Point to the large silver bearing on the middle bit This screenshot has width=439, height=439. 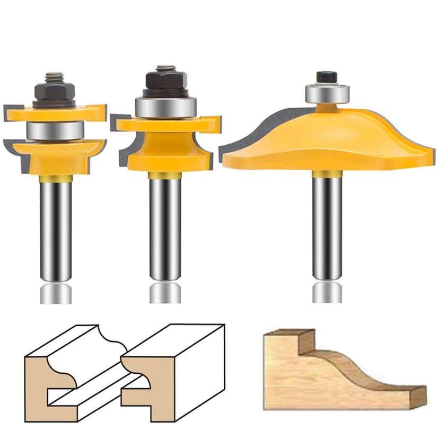point(165,107)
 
